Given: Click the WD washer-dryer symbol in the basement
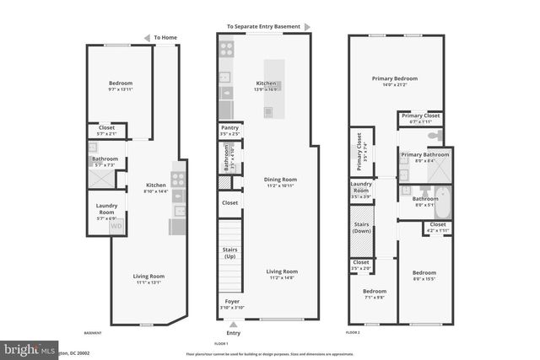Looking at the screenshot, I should [x=117, y=225].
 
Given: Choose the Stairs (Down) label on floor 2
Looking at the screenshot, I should [x=361, y=228].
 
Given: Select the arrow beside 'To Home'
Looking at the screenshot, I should [x=147, y=37].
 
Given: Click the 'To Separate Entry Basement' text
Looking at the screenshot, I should [x=263, y=27].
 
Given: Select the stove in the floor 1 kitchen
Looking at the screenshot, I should [x=225, y=51].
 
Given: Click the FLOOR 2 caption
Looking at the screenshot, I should [x=354, y=334].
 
